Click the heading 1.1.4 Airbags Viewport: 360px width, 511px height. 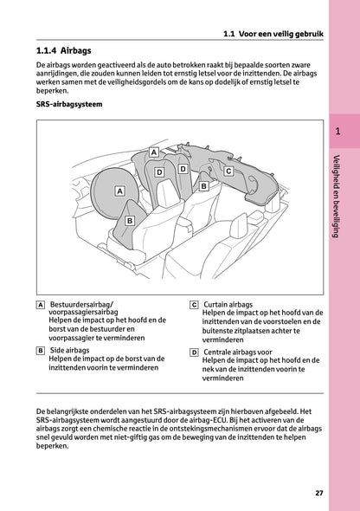(x=63, y=51)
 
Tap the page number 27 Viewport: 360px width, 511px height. (x=319, y=493)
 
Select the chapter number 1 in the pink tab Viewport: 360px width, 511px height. (x=337, y=132)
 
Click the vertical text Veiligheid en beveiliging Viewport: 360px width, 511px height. (x=337, y=197)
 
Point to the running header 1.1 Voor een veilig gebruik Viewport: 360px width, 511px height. (x=273, y=34)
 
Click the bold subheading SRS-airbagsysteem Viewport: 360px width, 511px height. (x=69, y=104)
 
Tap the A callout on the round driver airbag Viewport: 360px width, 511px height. (x=119, y=191)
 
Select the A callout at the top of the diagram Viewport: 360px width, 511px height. (x=154, y=152)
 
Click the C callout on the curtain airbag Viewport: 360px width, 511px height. (x=228, y=171)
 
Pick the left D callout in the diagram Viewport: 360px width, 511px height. (x=159, y=172)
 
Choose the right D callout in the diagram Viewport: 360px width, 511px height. (x=183, y=169)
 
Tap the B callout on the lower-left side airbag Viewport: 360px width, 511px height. (x=130, y=221)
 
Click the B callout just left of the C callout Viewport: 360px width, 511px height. (x=203, y=186)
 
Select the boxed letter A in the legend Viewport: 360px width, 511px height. (x=41, y=305)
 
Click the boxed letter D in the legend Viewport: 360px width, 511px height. (x=194, y=353)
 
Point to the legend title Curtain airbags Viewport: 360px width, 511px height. (x=228, y=305)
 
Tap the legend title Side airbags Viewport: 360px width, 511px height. (x=69, y=350)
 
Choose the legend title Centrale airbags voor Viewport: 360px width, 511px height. (x=238, y=352)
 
